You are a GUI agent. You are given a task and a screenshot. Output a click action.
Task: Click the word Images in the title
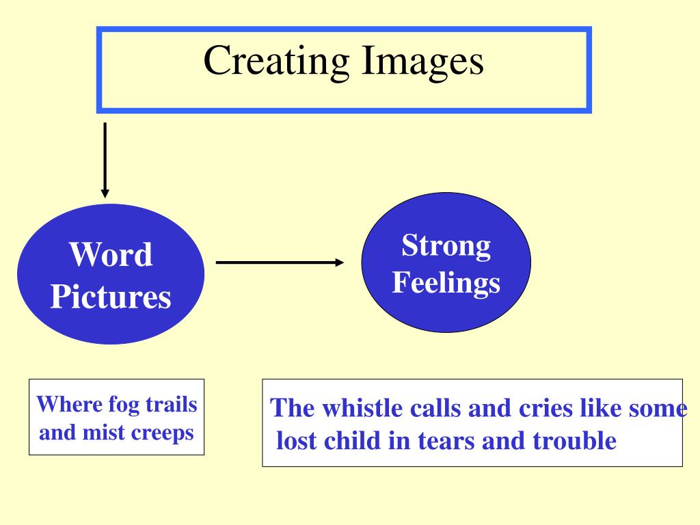tap(422, 61)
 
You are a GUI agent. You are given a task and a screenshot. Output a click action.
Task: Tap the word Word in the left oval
tap(110, 256)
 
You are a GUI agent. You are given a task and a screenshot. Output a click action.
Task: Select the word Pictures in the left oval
tap(110, 297)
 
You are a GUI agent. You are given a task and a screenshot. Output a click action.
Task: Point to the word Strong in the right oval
tap(446, 245)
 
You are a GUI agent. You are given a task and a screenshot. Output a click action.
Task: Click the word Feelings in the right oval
tap(446, 282)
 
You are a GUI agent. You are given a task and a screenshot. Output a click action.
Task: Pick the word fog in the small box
tap(124, 405)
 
